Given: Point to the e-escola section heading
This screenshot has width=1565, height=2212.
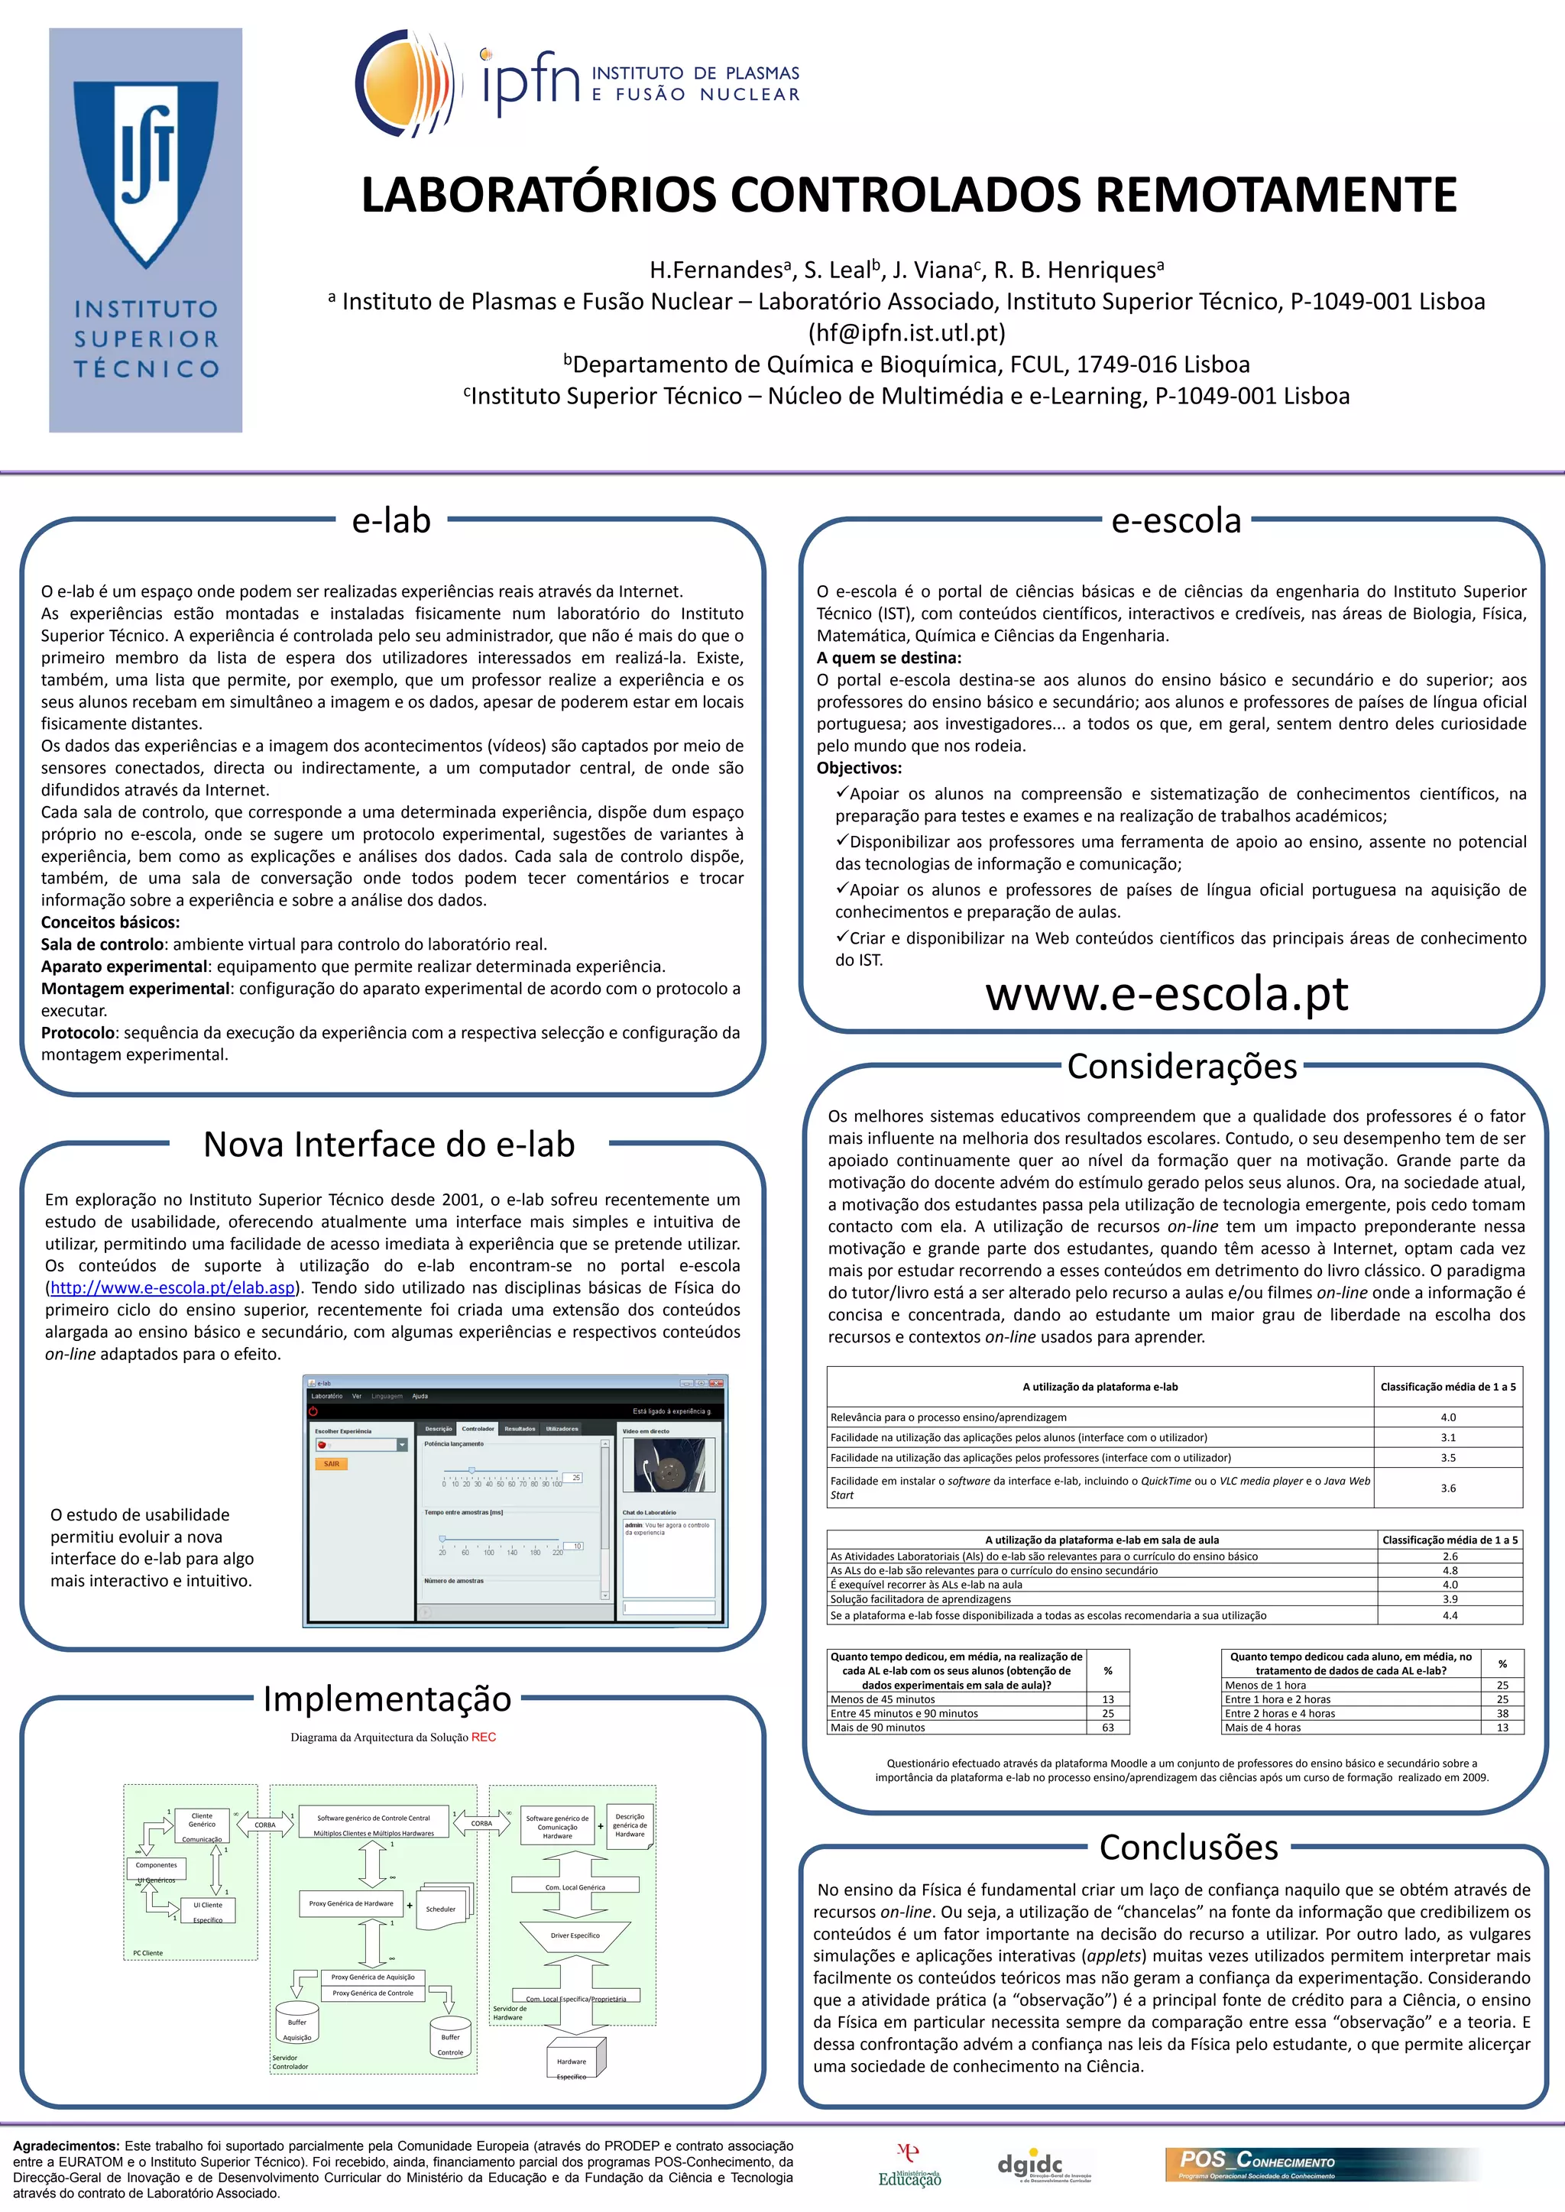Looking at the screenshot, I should [1176, 521].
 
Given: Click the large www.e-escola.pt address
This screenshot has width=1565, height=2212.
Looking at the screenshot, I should [1166, 993].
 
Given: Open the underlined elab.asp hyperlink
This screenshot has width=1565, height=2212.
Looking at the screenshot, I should [171, 1288].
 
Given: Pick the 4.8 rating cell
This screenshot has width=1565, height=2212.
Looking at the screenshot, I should [1450, 1570].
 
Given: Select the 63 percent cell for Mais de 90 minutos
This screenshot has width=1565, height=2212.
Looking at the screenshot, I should [1108, 1728].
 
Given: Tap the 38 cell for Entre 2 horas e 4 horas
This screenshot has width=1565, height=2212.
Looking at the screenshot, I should [1502, 1713].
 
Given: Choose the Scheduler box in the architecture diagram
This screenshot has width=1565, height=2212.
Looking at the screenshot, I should [442, 1909].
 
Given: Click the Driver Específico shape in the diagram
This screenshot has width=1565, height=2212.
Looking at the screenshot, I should [575, 1935].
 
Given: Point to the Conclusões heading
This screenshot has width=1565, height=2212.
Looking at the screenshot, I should [1188, 1847].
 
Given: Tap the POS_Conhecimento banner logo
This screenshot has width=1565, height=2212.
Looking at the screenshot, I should [1258, 2164].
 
